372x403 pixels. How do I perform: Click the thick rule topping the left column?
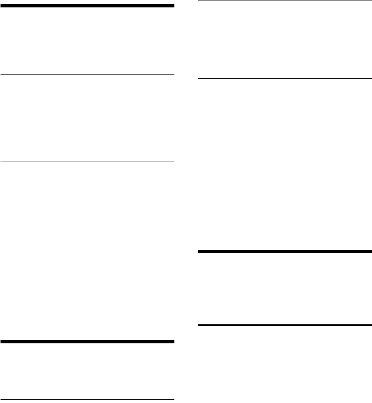coord(87,6)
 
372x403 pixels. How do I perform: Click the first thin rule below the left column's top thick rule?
coord(87,74)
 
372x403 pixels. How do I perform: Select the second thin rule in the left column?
coord(87,162)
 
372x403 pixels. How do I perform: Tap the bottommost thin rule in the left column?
coord(87,399)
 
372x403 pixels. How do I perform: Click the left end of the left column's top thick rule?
coord(2,6)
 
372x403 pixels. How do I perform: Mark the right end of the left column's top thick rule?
coord(173,6)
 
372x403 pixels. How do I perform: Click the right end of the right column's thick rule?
coord(371,251)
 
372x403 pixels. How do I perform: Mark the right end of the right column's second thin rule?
coord(371,79)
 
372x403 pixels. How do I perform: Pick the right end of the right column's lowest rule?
coord(371,324)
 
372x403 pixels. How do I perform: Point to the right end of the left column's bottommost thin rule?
coord(173,399)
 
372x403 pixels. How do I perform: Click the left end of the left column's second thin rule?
coord(2,162)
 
